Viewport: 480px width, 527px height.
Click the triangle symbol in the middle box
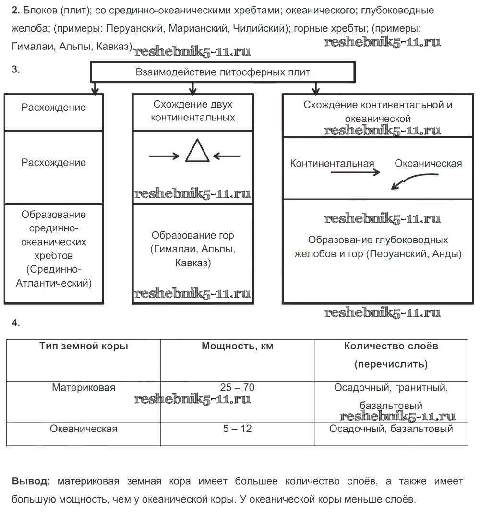(197, 151)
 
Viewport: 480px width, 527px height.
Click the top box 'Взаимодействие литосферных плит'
(223, 72)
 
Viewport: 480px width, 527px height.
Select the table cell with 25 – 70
(237, 387)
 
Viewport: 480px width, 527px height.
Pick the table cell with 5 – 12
(237, 429)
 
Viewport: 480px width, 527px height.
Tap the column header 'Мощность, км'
(237, 346)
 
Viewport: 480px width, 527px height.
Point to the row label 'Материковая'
(84, 387)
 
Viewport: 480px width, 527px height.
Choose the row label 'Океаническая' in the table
(84, 429)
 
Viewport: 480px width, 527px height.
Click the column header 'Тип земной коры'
(84, 346)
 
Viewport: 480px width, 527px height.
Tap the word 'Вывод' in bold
(30, 481)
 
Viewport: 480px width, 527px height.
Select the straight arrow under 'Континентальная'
(356, 173)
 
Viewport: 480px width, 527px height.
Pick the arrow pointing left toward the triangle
(227, 156)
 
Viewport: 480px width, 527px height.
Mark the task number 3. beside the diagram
(16, 70)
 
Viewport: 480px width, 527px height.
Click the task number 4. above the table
(16, 323)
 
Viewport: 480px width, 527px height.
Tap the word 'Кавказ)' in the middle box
(193, 263)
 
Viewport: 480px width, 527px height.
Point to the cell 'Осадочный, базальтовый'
(391, 429)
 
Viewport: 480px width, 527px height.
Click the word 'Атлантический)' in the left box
(54, 283)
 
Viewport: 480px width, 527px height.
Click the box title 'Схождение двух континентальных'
(193, 111)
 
